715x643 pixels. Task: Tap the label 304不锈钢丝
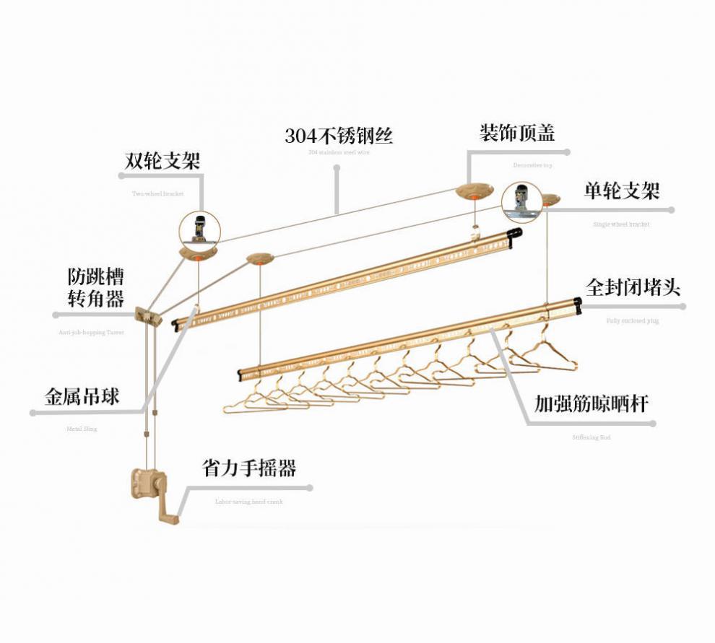click(338, 135)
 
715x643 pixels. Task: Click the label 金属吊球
click(82, 396)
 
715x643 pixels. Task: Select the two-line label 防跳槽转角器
click(95, 288)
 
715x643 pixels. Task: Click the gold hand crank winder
click(152, 491)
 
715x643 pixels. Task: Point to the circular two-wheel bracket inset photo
click(199, 229)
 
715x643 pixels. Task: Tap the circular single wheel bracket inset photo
click(522, 202)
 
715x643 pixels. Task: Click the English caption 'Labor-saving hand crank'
click(248, 501)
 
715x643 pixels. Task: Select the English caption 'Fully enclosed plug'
click(633, 320)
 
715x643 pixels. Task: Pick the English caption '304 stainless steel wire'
click(338, 153)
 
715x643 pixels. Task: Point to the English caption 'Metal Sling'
click(82, 429)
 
